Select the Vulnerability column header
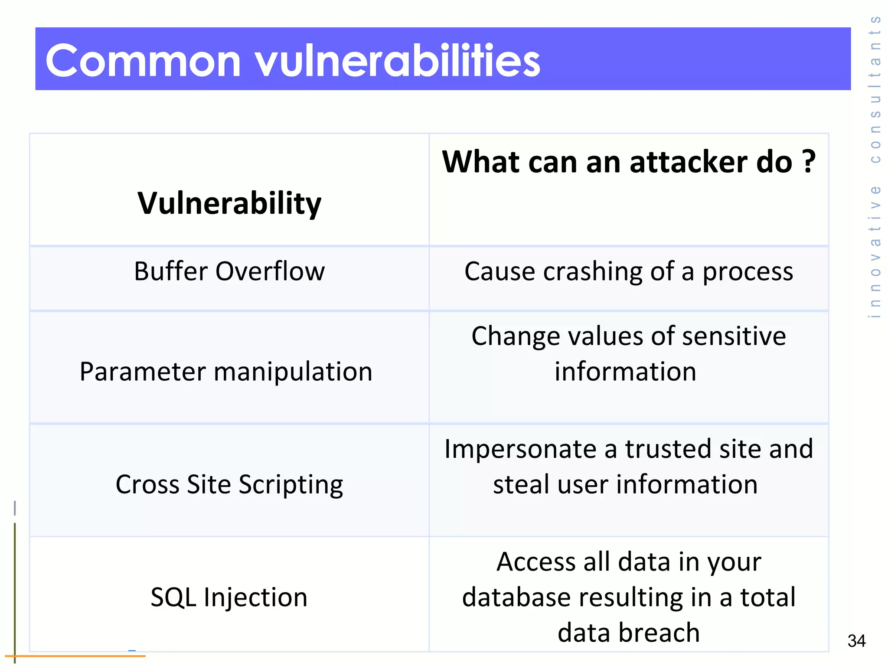point(229,203)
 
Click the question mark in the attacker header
point(808,161)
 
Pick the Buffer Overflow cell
point(229,271)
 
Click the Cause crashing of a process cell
point(628,271)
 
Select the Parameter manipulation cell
point(226,372)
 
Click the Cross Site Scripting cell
point(229,484)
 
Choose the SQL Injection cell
point(229,597)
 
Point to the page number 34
point(856,641)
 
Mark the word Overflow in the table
point(270,271)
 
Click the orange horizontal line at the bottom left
point(78,656)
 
